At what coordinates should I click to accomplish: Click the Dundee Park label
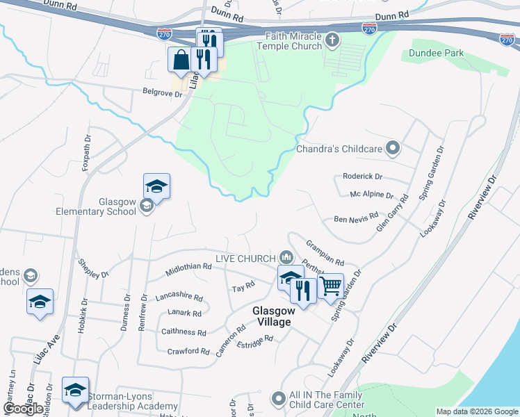(436, 53)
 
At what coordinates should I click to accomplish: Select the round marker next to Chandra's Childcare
(393, 147)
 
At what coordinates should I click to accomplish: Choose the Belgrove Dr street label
(162, 92)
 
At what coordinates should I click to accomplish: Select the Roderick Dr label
(362, 177)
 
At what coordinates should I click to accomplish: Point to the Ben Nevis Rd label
(356, 218)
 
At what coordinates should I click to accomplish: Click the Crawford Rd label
(188, 351)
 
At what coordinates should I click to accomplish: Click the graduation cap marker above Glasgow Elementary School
(157, 186)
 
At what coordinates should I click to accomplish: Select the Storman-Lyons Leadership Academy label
(132, 401)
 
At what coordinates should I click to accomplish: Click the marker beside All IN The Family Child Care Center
(279, 399)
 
